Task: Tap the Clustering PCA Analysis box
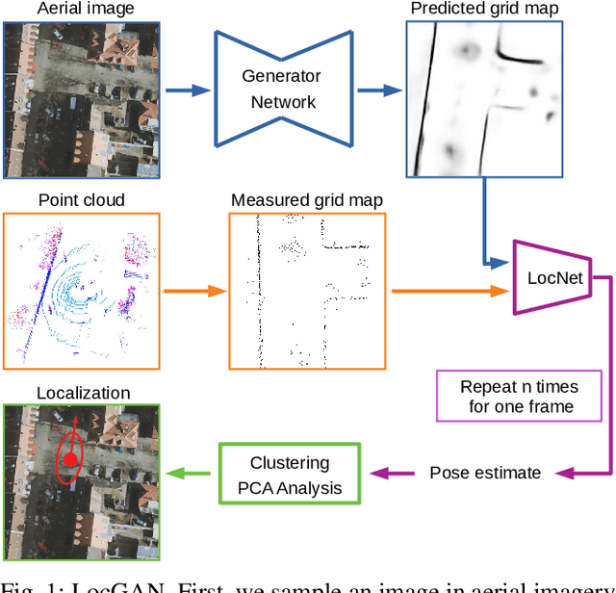point(289,476)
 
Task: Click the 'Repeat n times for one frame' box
point(519,396)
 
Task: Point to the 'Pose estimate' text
point(484,473)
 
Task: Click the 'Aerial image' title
point(87,10)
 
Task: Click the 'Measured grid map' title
point(307,200)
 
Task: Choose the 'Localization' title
point(83,392)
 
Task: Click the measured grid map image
point(307,291)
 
